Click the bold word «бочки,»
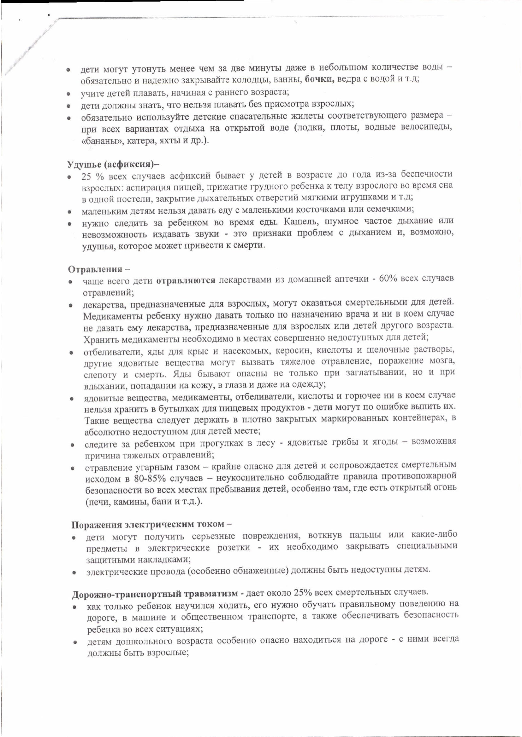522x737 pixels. [319, 79]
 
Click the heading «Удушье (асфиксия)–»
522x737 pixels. [113, 164]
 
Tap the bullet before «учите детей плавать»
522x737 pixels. [68, 95]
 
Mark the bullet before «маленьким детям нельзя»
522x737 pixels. [69, 212]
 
